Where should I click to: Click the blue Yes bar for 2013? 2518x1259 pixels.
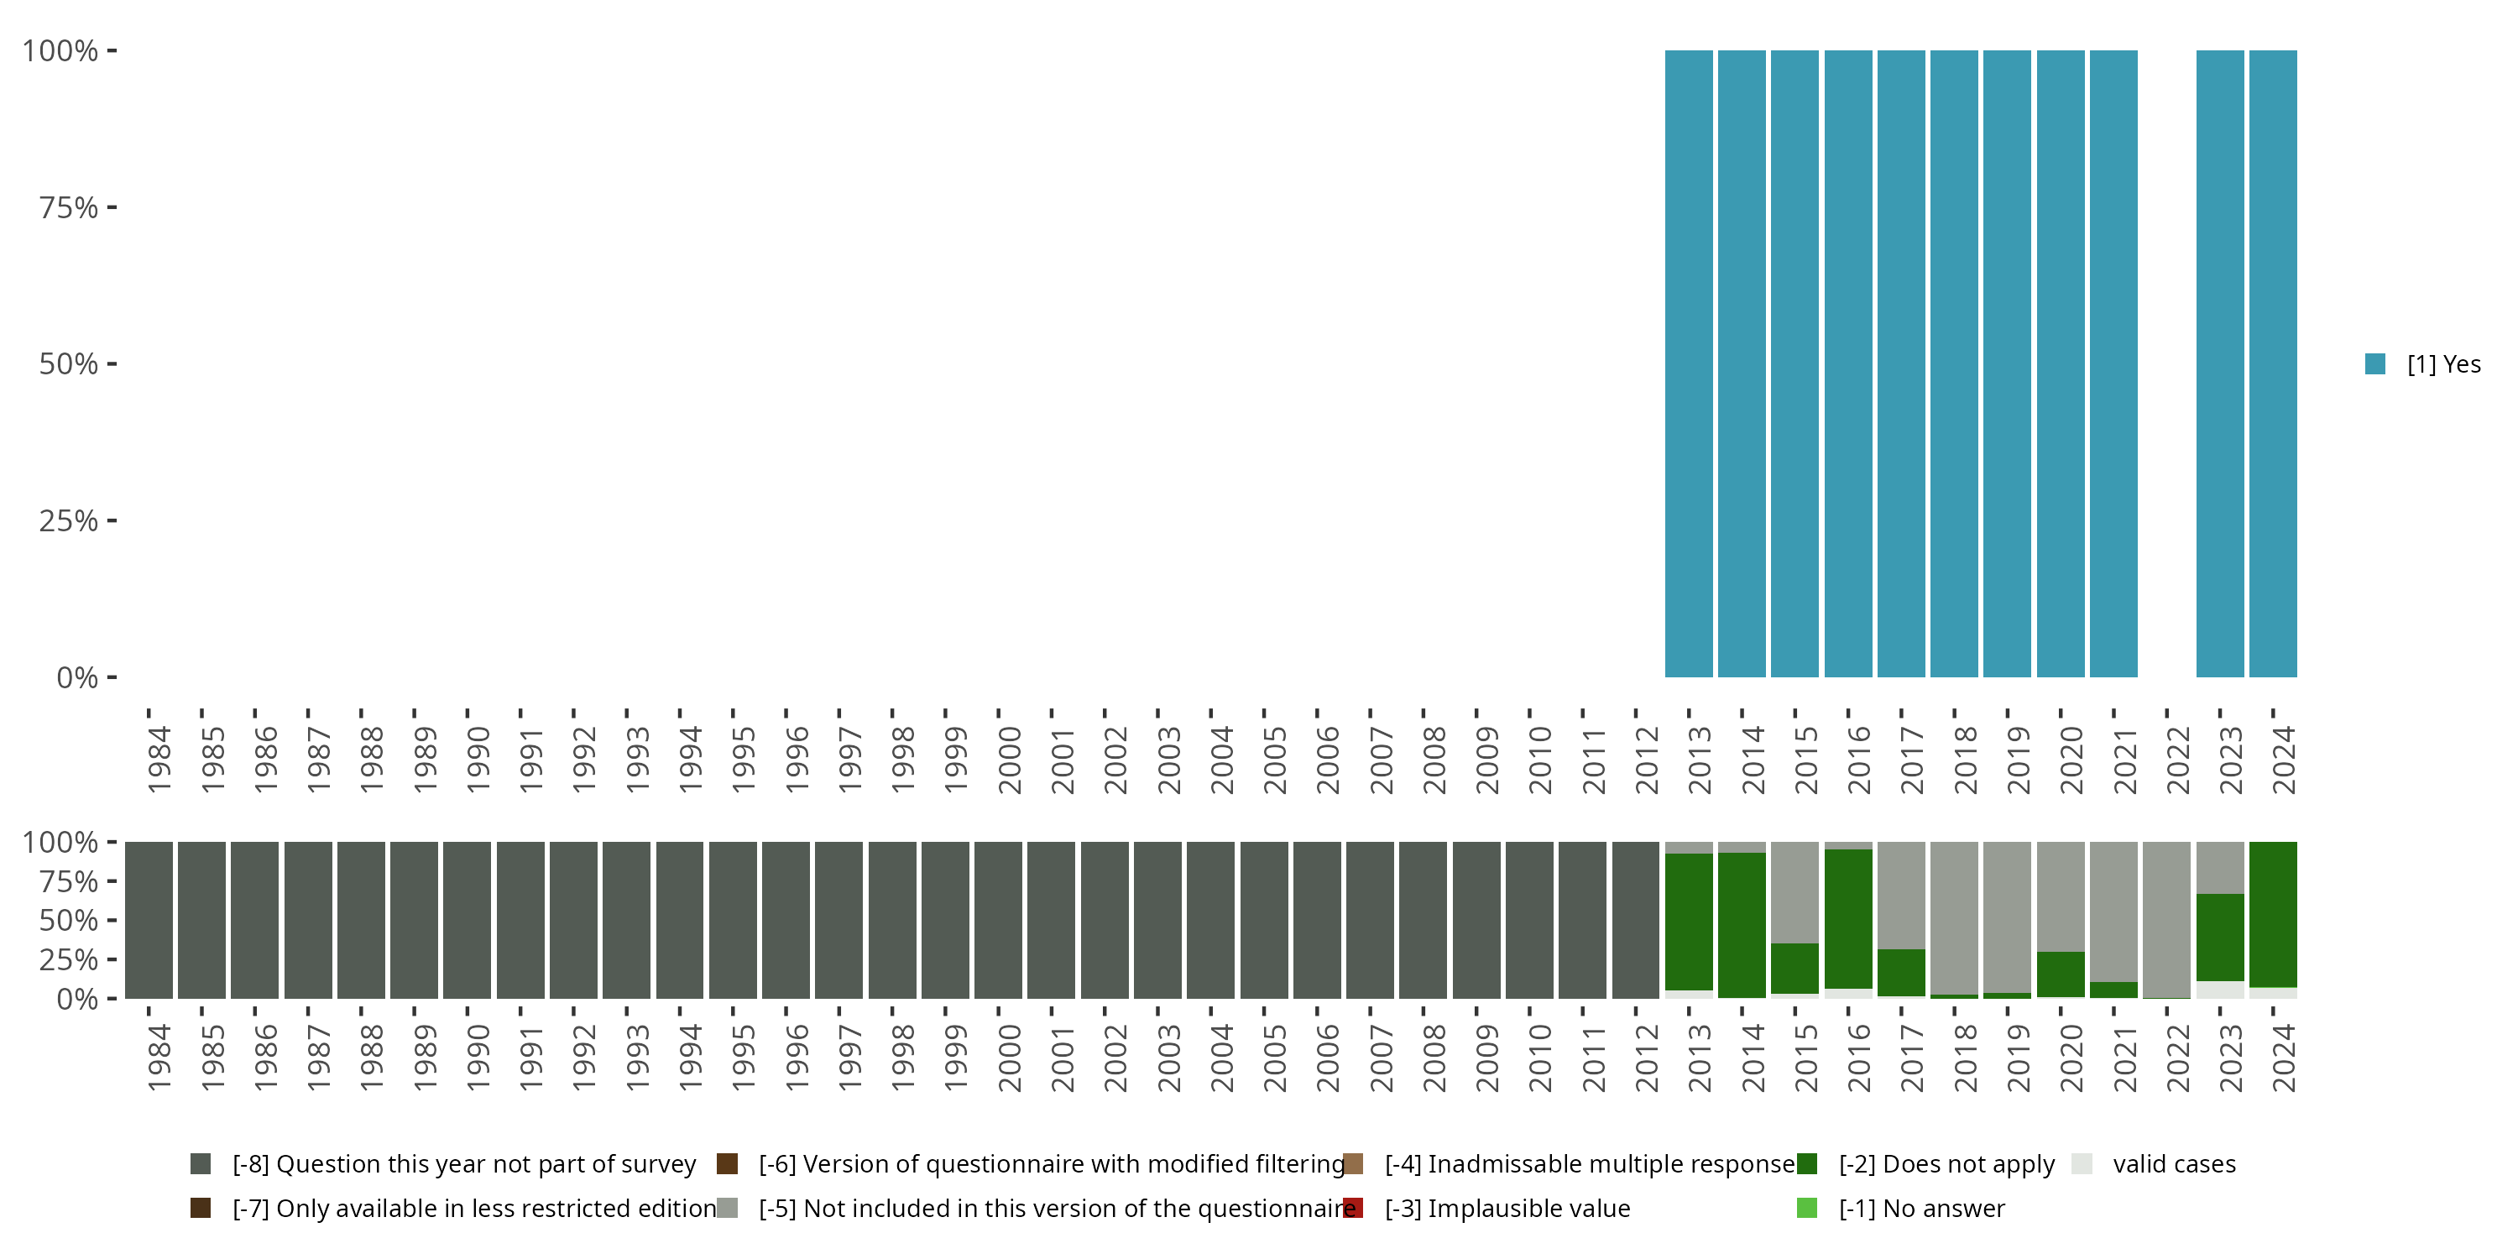[x=1688, y=363]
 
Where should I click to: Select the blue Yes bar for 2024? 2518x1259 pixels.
[x=2273, y=363]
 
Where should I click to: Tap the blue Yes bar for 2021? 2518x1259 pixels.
[x=2113, y=363]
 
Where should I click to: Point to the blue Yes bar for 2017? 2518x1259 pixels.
[x=1901, y=363]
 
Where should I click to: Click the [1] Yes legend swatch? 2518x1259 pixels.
[x=2375, y=363]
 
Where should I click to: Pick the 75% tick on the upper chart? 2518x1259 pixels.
[x=69, y=207]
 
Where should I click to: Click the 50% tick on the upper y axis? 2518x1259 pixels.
[x=69, y=363]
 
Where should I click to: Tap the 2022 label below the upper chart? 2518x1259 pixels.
[x=2178, y=760]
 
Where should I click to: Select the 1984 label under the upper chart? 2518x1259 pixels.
[x=159, y=760]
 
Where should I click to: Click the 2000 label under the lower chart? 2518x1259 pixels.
[x=1009, y=1058]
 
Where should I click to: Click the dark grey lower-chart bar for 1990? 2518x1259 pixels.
[x=467, y=920]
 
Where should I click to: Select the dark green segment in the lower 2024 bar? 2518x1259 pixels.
[x=2273, y=914]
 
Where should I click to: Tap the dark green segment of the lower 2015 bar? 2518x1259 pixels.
[x=1794, y=968]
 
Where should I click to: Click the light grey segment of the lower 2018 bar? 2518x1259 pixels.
[x=1954, y=917]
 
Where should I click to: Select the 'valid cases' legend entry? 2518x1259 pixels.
[x=2173, y=1164]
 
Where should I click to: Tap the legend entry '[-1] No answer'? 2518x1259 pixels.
[x=1920, y=1208]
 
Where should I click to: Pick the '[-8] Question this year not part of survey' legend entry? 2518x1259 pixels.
[x=463, y=1164]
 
